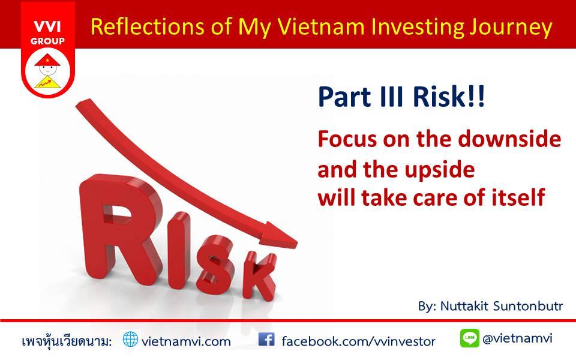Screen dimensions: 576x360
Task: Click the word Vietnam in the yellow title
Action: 320,26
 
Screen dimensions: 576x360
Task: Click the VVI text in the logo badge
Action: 47,27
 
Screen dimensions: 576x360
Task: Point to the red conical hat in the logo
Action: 47,60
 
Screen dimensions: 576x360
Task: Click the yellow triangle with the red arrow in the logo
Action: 48,82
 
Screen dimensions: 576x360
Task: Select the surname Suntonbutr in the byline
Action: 527,306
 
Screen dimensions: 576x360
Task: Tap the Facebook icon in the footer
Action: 266,340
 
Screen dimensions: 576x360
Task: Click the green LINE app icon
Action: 469,338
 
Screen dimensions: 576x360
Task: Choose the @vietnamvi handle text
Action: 517,338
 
